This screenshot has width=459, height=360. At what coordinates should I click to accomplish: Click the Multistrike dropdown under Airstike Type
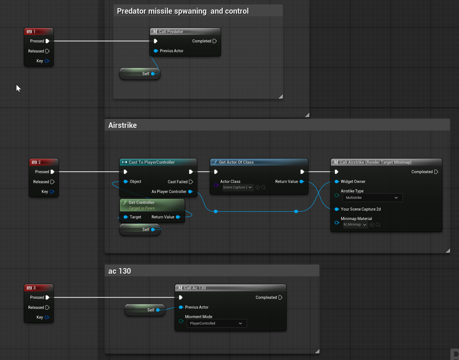[372, 198]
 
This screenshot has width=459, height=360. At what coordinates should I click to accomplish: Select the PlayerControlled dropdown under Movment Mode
[217, 323]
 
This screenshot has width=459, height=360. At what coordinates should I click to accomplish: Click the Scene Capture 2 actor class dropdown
[237, 187]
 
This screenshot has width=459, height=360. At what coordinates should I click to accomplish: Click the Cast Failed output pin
[191, 182]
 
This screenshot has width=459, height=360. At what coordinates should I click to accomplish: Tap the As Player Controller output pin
[190, 192]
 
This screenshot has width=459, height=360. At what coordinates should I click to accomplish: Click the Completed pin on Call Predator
[215, 41]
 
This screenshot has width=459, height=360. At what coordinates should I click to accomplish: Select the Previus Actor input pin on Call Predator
[156, 51]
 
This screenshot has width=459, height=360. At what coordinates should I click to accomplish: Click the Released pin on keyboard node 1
[47, 51]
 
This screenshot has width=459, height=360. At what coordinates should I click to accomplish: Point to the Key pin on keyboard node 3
[47, 317]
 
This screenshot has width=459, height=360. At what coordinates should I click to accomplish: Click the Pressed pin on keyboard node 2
[52, 172]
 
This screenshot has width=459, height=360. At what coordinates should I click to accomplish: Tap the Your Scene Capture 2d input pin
[337, 209]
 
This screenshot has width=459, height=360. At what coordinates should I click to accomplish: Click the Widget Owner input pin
[337, 182]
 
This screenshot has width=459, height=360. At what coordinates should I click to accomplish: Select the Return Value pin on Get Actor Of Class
[302, 182]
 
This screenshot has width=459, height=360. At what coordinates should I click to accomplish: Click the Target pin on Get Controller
[126, 217]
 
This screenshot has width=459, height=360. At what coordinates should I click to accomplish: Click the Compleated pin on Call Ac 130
[280, 297]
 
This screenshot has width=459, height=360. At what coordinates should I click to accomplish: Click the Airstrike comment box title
[123, 125]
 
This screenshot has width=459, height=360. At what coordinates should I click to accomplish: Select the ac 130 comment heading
[119, 271]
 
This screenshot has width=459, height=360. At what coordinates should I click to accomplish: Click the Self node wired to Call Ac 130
[145, 310]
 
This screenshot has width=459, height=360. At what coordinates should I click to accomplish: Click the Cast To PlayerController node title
[151, 162]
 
